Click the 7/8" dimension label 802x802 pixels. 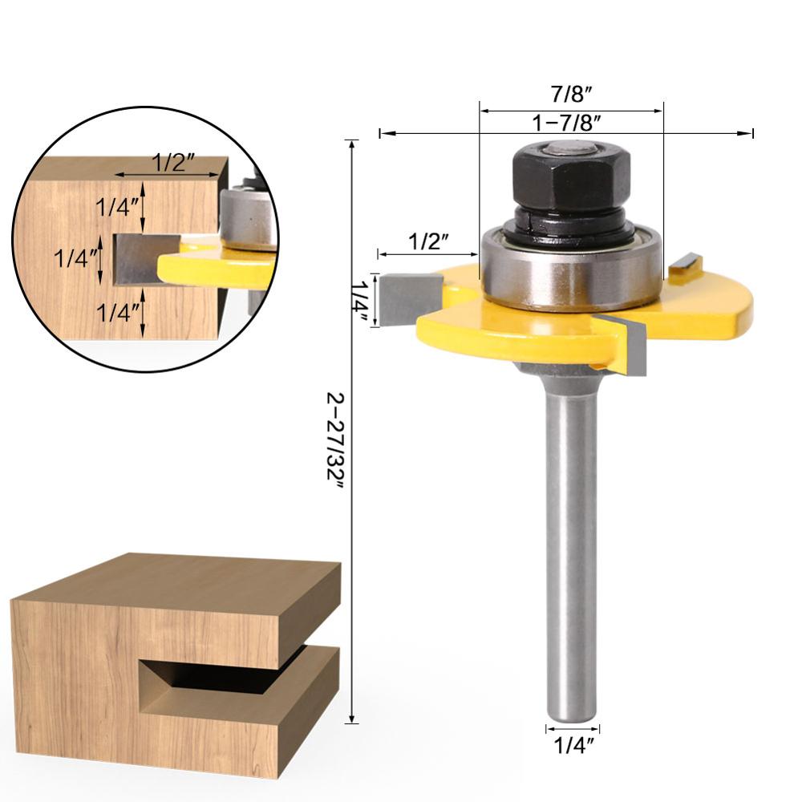point(571,94)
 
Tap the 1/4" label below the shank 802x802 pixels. point(573,746)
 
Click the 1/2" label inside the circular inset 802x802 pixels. point(174,163)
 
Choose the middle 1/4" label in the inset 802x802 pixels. point(76,258)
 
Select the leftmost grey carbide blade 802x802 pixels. point(411,298)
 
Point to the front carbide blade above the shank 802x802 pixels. point(628,345)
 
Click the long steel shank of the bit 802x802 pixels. point(570,545)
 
